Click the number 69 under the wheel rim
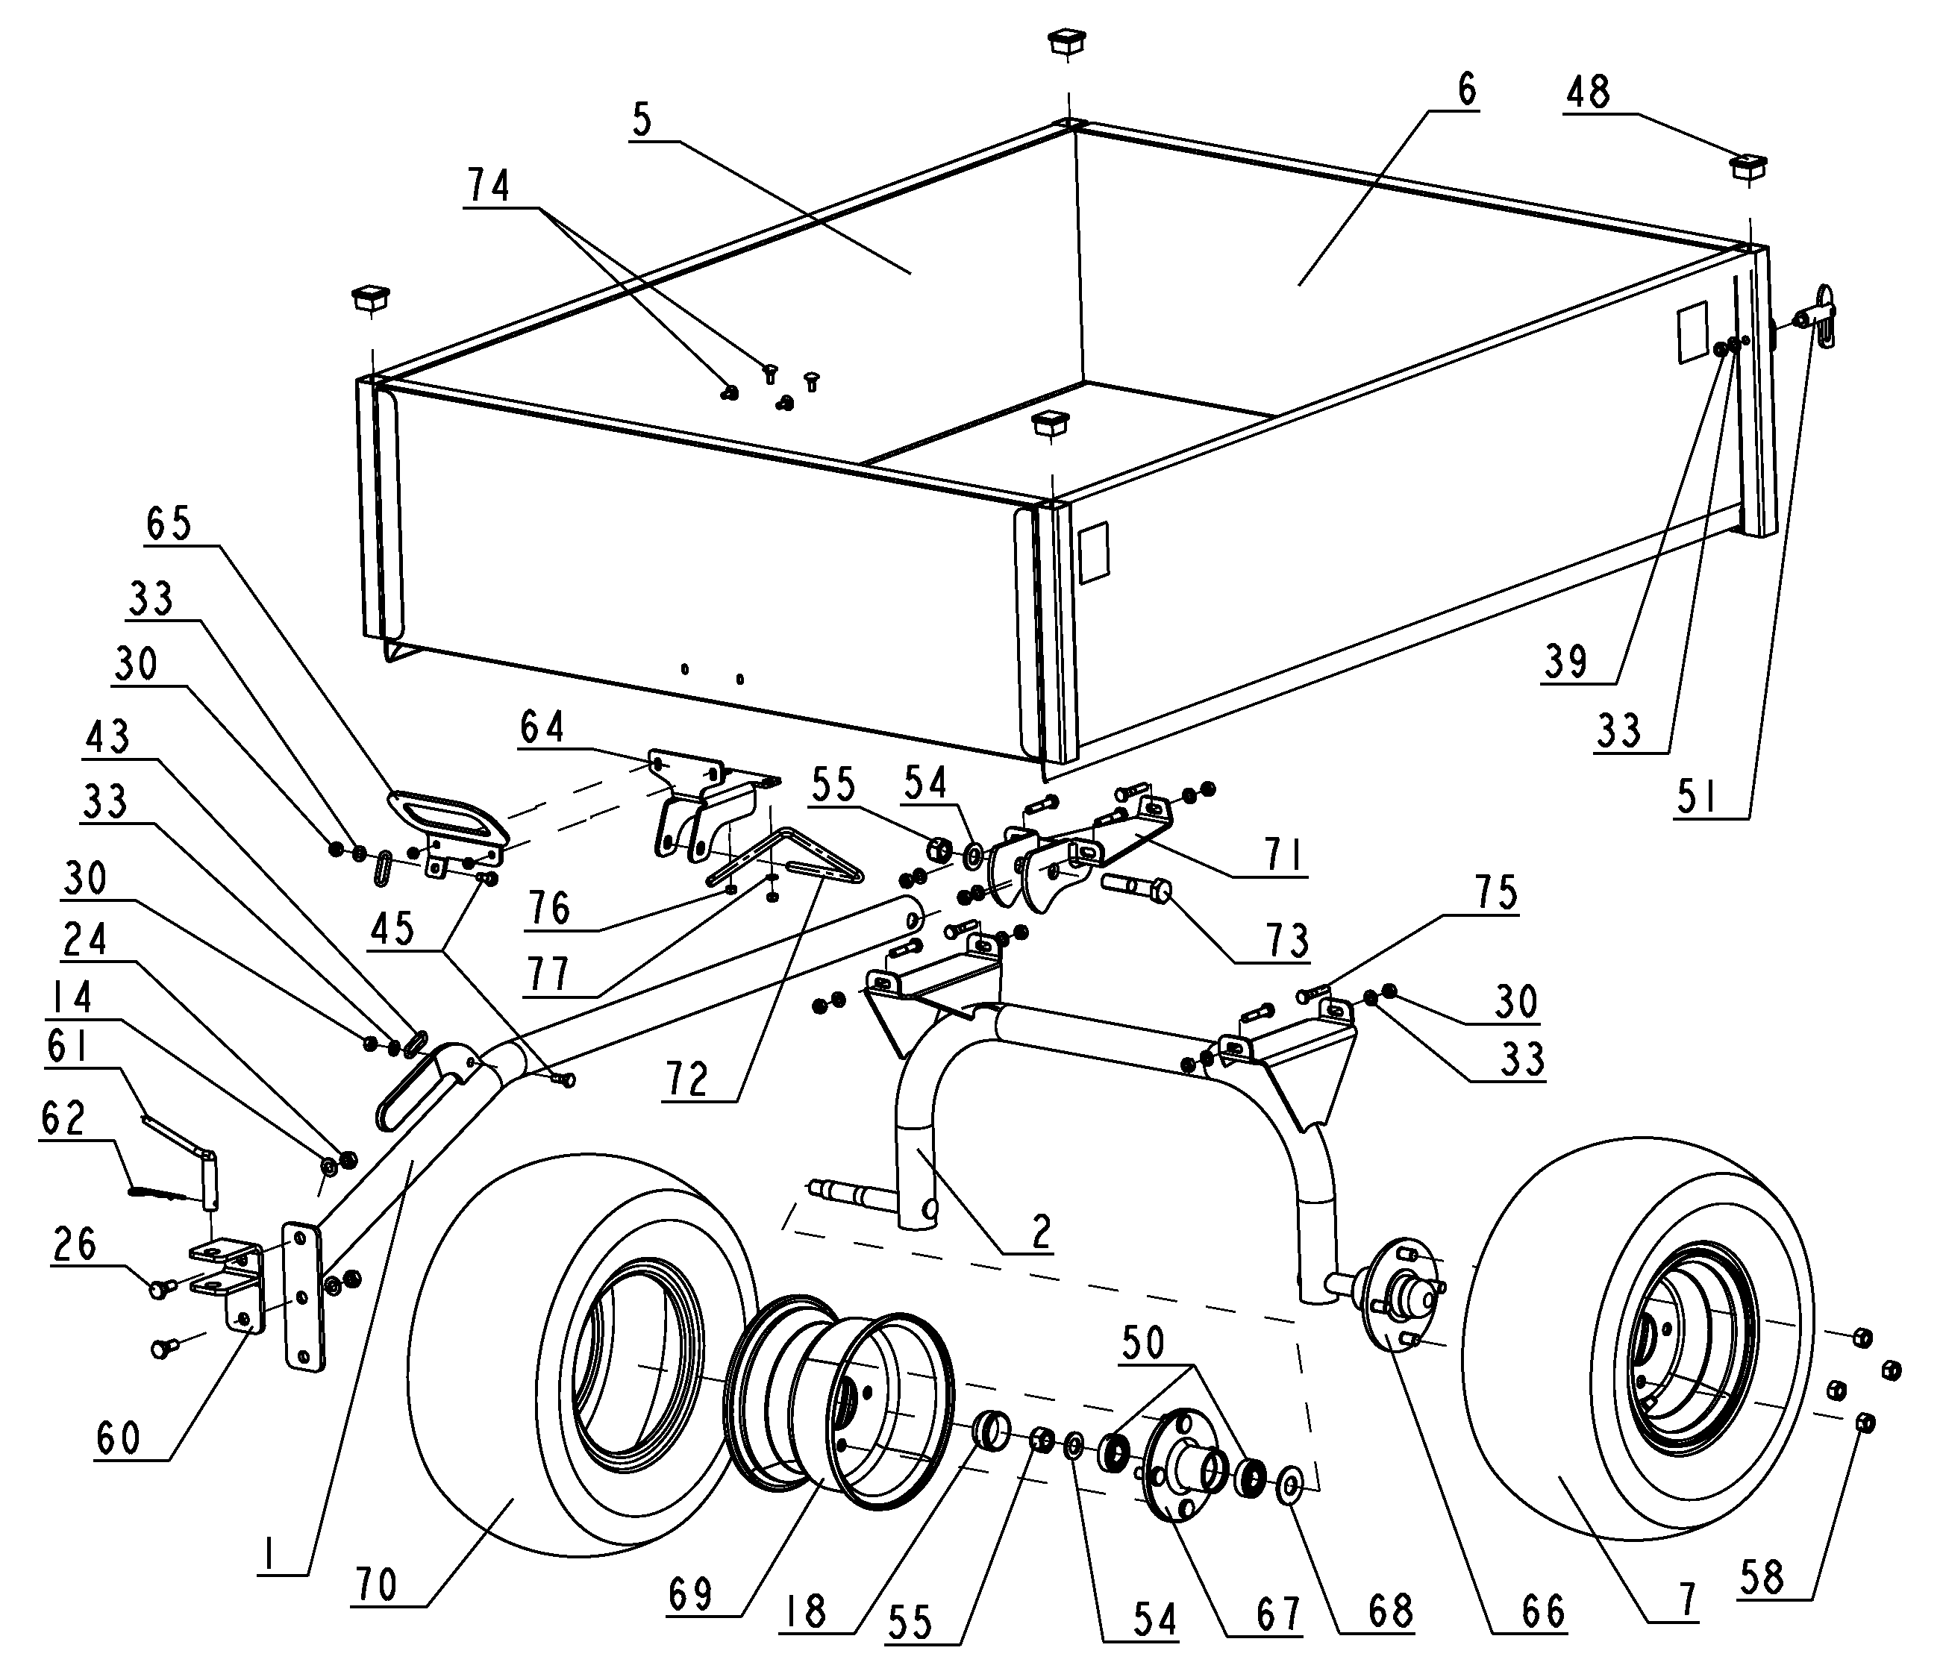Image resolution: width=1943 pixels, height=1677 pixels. point(691,1593)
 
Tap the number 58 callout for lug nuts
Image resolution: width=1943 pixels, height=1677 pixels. point(1762,1578)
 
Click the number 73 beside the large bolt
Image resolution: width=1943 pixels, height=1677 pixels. point(1286,939)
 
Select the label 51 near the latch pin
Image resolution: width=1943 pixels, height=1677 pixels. point(1698,797)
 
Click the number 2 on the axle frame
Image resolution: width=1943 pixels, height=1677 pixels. point(1040,1232)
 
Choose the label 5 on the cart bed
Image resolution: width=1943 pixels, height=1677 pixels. point(642,122)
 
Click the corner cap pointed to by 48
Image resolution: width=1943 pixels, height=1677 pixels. point(1748,168)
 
